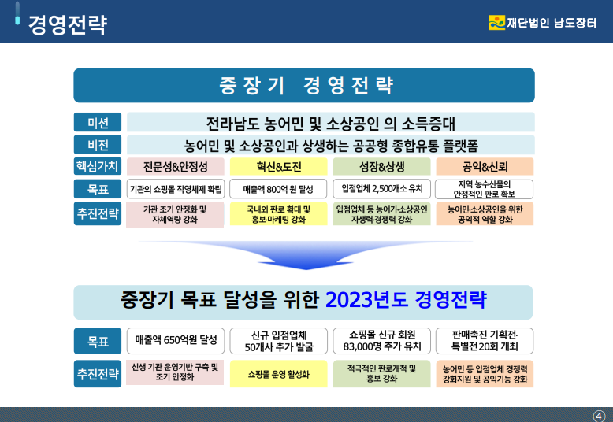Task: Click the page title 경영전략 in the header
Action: (x=68, y=25)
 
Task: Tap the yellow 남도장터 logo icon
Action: (x=496, y=23)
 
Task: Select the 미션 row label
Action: (x=98, y=122)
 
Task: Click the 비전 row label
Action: (x=98, y=145)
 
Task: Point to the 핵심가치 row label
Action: (x=98, y=166)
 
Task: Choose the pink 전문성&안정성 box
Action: (x=175, y=166)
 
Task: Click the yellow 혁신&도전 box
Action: (x=278, y=166)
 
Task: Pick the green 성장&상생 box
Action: (x=381, y=166)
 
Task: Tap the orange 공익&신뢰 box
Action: (x=485, y=166)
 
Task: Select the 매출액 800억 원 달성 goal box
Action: (x=278, y=189)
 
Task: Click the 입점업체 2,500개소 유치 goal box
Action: (x=381, y=189)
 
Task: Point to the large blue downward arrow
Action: (x=306, y=254)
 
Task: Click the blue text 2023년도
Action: (x=366, y=300)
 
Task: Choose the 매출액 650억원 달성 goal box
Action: (x=176, y=341)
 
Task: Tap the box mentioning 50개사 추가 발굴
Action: (x=278, y=341)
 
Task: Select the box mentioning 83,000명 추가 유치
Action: (x=381, y=341)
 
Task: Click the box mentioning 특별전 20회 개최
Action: (x=485, y=341)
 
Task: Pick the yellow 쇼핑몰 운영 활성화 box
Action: (x=278, y=374)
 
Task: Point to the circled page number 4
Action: (x=599, y=416)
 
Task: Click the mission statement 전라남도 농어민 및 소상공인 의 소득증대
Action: (x=331, y=124)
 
